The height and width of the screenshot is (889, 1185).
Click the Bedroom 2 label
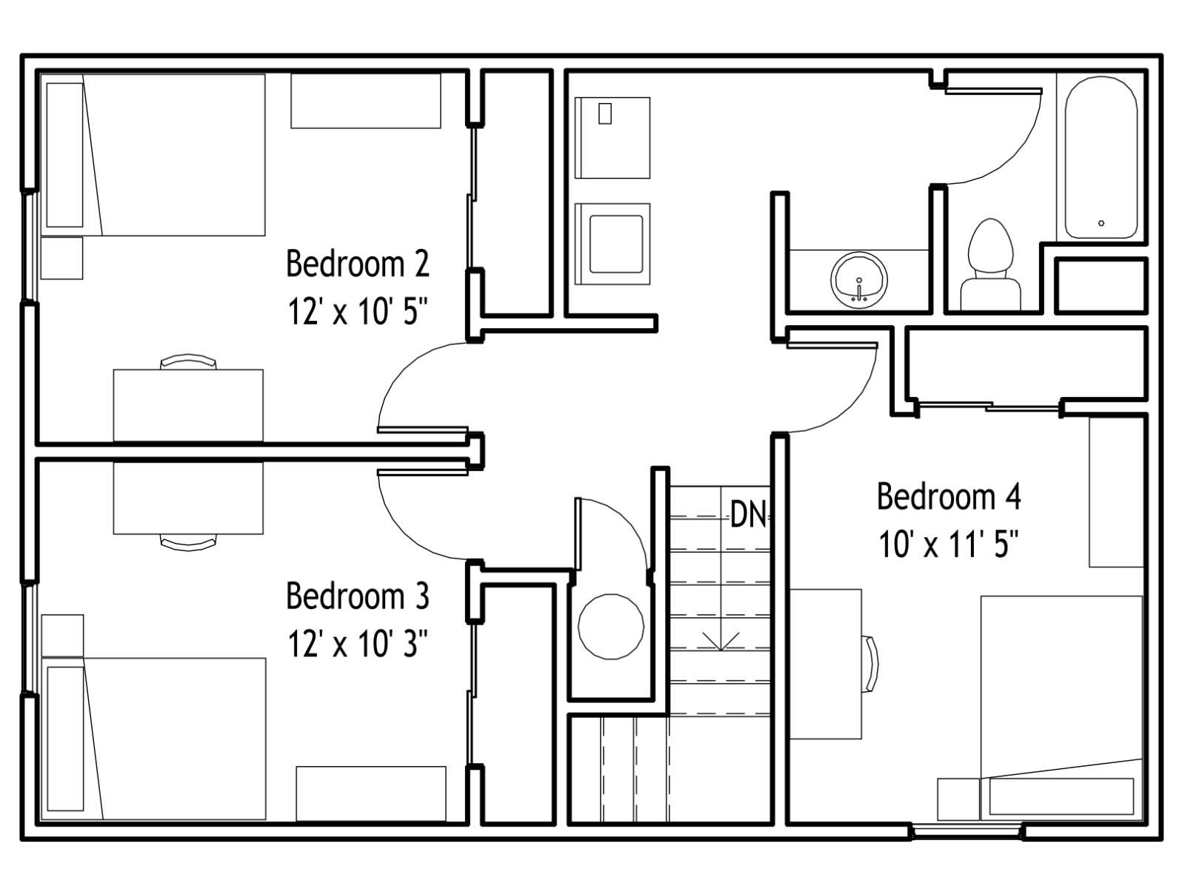tap(358, 264)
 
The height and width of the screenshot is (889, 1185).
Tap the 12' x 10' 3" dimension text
tap(358, 643)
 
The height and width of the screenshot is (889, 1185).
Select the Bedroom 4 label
tap(949, 496)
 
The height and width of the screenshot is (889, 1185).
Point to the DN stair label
tap(748, 514)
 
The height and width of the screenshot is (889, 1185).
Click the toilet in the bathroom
tap(990, 264)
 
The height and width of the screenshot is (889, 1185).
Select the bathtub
tap(1101, 157)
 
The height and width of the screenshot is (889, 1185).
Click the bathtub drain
tap(1101, 223)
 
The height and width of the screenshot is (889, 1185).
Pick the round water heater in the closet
tap(610, 627)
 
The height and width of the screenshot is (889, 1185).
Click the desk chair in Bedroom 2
tap(188, 361)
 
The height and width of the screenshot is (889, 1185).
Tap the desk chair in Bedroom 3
tap(188, 542)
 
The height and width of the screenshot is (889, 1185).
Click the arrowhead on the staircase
tap(721, 643)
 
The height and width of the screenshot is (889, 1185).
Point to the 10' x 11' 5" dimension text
tap(949, 544)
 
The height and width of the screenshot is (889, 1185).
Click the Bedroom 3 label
tap(358, 596)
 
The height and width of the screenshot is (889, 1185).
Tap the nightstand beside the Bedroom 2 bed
tap(61, 258)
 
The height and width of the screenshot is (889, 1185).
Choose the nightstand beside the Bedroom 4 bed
tap(958, 799)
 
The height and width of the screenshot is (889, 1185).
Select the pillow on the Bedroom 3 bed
tap(65, 739)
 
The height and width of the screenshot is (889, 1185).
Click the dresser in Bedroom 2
tap(365, 101)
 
